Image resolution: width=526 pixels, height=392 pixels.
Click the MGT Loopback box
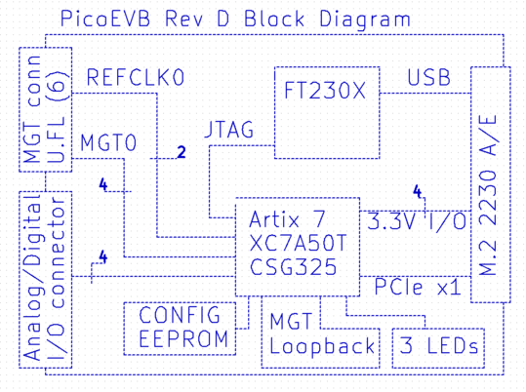click(323, 333)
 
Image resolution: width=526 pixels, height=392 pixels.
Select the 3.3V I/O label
click(417, 222)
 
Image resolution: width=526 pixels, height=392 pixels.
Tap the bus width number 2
click(180, 152)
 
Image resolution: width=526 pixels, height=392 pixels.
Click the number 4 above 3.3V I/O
click(417, 191)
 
